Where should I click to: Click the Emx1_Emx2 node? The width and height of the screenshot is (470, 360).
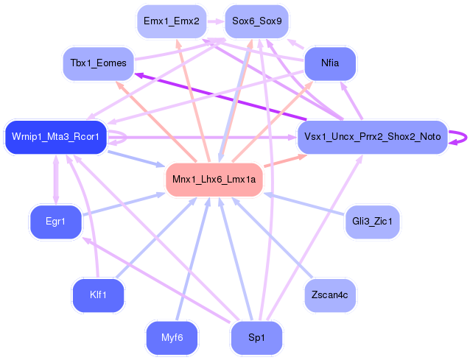[172, 21]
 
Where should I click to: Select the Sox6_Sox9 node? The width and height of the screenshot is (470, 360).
[256, 21]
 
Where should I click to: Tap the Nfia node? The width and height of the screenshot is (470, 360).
[330, 63]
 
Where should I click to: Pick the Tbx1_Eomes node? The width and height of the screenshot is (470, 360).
[98, 63]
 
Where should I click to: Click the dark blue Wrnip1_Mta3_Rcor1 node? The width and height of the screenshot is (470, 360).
[56, 137]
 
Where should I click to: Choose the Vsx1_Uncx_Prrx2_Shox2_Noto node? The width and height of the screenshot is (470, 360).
[373, 137]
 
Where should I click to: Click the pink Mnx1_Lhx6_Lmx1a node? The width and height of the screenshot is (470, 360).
[214, 179]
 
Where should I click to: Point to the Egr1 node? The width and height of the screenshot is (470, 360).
[55, 221]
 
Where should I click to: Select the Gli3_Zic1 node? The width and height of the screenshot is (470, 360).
[373, 221]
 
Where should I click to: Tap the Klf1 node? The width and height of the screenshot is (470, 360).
[98, 294]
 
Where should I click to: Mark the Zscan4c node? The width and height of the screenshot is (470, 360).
[330, 294]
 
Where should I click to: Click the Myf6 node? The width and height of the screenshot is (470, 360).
[172, 338]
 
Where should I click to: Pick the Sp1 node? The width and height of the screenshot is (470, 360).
[256, 338]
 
